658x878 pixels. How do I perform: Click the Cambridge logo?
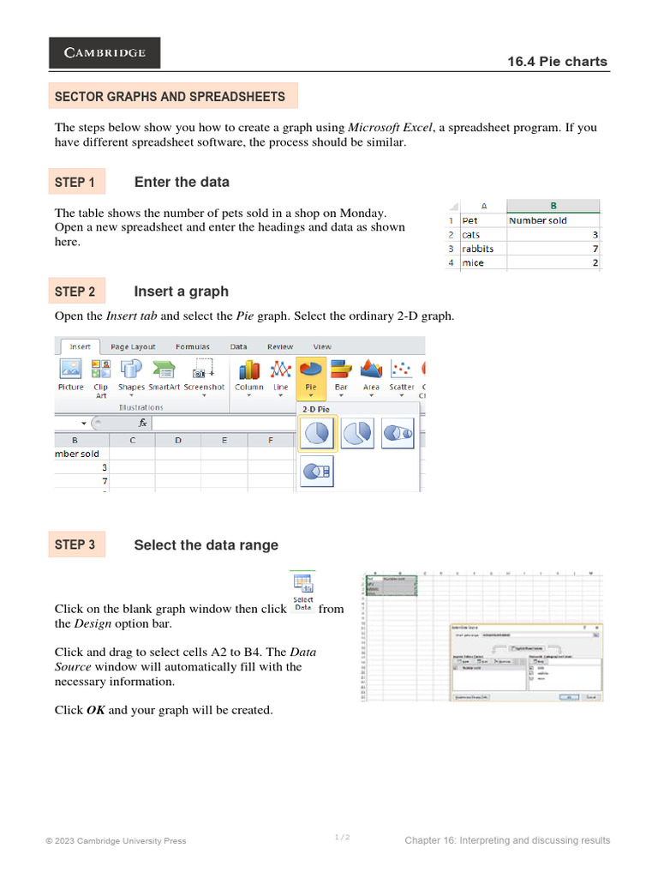pos(105,53)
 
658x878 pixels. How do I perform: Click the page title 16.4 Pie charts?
pos(569,62)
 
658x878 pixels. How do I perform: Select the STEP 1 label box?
pos(76,182)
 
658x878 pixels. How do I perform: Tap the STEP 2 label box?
pos(76,292)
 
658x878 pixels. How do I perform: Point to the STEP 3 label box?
pos(76,544)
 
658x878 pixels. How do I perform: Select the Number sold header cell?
pos(553,220)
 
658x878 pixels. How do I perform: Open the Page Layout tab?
pos(133,346)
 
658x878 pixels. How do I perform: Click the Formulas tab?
pos(193,346)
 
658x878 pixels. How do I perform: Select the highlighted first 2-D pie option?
pos(318,434)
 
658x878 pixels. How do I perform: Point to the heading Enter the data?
pos(182,182)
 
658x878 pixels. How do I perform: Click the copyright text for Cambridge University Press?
pos(116,841)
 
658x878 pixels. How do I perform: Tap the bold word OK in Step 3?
pos(96,710)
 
